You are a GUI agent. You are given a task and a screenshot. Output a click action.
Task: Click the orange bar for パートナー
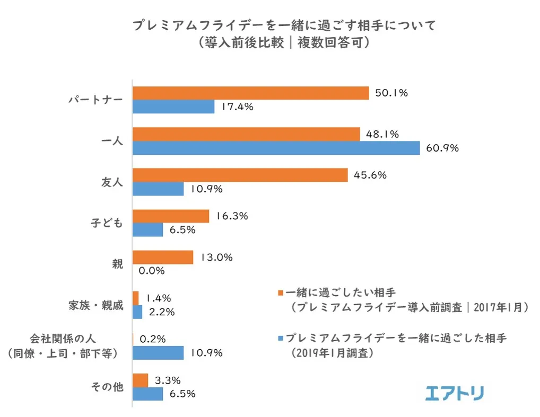250,93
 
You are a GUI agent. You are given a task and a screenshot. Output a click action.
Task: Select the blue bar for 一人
276,148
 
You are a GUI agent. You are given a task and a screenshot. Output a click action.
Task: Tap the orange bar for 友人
240,175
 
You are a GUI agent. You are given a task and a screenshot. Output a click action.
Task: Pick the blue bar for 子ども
147,230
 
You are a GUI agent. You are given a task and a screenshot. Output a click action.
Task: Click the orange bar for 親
162,258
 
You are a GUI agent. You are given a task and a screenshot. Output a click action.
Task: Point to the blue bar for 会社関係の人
158,353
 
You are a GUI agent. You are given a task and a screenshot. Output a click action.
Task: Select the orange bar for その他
140,380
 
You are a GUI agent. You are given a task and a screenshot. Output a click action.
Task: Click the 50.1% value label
391,93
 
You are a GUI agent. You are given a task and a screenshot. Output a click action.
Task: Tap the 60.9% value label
442,148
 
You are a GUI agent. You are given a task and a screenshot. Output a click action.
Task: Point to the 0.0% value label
152,271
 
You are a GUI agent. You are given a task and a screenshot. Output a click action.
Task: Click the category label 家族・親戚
96,306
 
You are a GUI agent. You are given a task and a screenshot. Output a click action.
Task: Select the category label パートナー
95,100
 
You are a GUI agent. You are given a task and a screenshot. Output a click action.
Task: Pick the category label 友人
112,182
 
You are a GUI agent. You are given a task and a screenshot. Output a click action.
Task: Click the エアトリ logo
455,393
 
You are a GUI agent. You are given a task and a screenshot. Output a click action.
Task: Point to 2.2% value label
162,312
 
